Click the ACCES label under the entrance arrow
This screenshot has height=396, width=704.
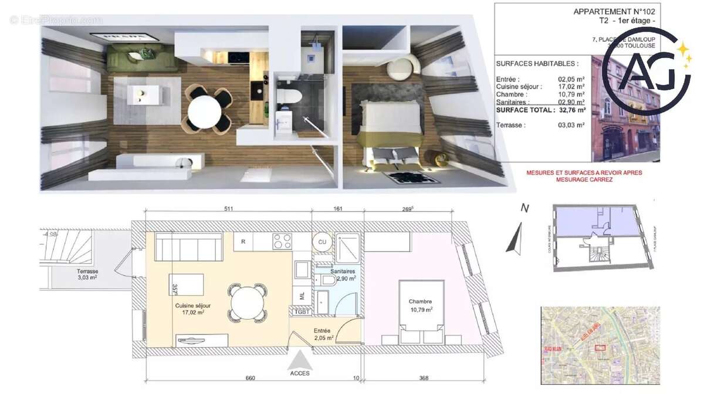pos(299,373)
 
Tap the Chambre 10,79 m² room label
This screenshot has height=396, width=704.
pos(421,305)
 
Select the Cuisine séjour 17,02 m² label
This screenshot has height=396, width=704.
pos(192,309)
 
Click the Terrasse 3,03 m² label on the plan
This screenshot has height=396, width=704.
pos(86,275)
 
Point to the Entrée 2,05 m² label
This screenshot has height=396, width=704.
pos(323,334)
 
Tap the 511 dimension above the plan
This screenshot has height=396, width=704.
pos(229,209)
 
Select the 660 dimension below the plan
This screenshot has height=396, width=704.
pos(250,378)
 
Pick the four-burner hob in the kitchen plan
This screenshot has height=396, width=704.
pos(282,241)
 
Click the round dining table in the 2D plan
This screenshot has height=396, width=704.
pos(247,303)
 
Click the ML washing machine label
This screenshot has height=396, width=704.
pos(303,296)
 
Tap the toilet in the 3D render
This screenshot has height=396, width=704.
pos(289,97)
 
